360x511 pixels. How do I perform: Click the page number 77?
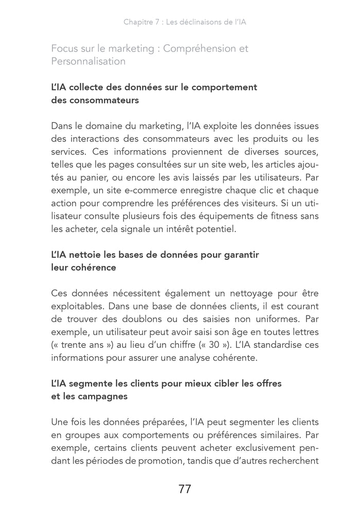(185, 489)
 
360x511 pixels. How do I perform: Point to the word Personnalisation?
(88, 61)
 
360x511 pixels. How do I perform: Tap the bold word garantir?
(241, 255)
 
